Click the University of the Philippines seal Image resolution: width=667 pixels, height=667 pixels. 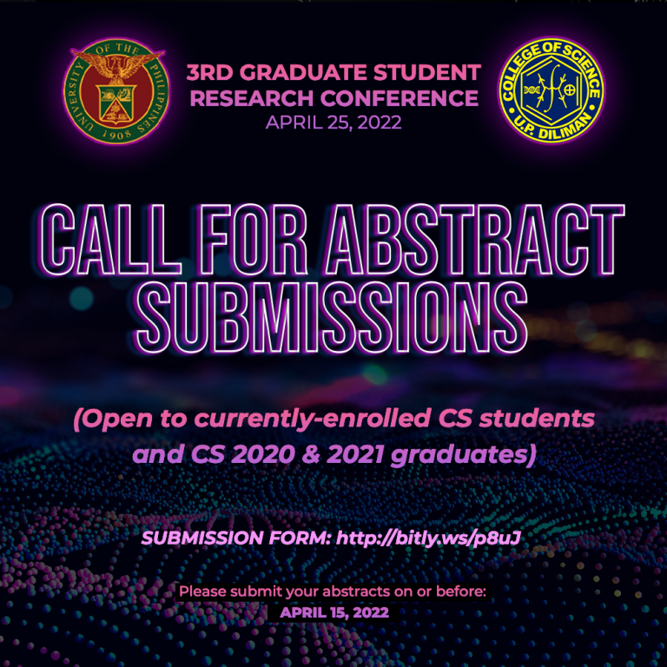coord(116,90)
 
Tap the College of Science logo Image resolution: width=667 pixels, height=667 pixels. coord(551,89)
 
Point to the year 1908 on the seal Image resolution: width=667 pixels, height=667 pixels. coord(116,135)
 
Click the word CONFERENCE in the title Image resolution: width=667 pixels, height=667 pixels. coord(399,98)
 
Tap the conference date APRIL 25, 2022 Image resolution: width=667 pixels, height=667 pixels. coord(333,122)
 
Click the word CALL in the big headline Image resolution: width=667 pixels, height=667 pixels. coord(109,240)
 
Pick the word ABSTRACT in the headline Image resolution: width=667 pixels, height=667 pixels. coord(474,240)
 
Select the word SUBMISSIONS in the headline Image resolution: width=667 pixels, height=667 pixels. coord(332,317)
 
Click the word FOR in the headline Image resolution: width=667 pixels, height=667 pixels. coord(253,240)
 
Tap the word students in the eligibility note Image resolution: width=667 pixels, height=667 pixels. coord(537,419)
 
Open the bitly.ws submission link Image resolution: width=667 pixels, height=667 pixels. coord(428,538)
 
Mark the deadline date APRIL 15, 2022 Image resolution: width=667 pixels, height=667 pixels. coord(333,612)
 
